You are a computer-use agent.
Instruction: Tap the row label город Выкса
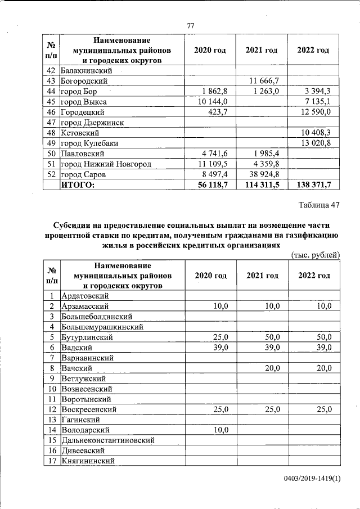click(x=84, y=102)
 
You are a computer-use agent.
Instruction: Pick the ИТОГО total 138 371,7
click(x=314, y=184)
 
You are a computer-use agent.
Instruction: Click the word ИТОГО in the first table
click(x=78, y=184)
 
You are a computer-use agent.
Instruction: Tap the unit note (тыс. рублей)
click(x=315, y=255)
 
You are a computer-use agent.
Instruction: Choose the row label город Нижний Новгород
click(x=106, y=164)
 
